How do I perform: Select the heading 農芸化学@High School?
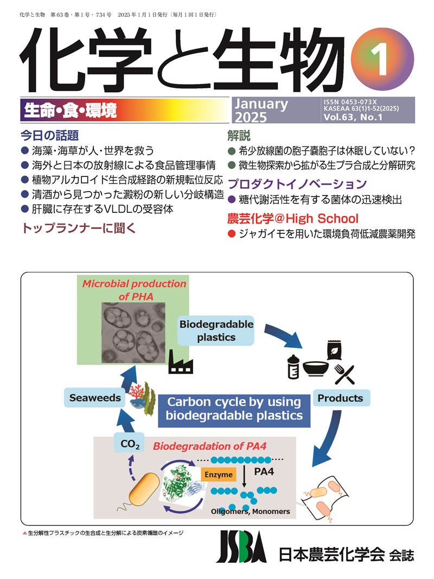[x=292, y=219]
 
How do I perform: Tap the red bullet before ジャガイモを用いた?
[x=231, y=234]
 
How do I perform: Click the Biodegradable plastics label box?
[x=216, y=330]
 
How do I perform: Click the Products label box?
[x=340, y=398]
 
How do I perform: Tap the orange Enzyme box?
[x=219, y=474]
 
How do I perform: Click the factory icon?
[x=181, y=362]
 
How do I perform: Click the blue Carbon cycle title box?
[x=234, y=409]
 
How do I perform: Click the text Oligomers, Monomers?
[x=251, y=511]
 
